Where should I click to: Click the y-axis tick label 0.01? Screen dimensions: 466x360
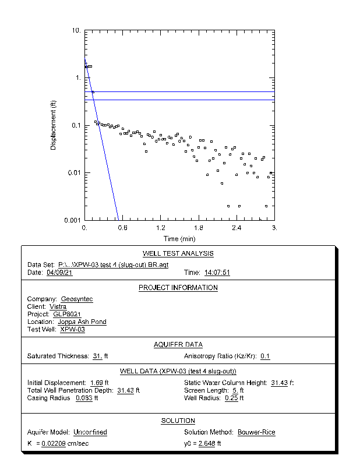(x=74, y=173)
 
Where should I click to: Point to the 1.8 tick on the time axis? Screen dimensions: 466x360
(x=199, y=228)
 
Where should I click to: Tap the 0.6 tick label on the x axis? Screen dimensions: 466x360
(x=123, y=228)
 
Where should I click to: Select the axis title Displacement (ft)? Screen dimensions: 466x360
(x=54, y=125)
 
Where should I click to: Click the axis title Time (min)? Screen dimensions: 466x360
(x=179, y=239)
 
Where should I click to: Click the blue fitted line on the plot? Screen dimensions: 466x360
(x=102, y=140)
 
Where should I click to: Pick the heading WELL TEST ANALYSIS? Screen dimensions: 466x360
(x=178, y=253)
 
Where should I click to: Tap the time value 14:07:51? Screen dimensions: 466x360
(x=217, y=273)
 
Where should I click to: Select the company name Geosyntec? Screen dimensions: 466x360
(x=77, y=299)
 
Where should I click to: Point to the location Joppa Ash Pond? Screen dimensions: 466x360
(x=82, y=322)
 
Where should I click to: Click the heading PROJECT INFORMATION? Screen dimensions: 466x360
(x=178, y=288)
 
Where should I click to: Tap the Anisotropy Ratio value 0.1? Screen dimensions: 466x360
(x=265, y=356)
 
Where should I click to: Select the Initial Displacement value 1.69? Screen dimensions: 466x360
(x=95, y=383)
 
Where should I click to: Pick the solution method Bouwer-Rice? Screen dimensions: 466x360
(x=256, y=432)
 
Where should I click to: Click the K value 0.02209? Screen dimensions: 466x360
(x=52, y=444)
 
